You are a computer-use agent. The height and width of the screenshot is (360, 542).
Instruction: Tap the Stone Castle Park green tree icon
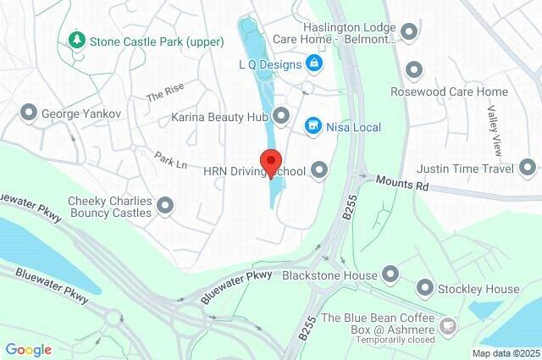point(77,40)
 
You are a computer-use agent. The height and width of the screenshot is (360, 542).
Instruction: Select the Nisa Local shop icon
point(314,126)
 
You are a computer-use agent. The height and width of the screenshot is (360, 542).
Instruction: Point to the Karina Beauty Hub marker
point(280,115)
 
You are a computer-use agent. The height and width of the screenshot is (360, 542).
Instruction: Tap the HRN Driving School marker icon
point(319,171)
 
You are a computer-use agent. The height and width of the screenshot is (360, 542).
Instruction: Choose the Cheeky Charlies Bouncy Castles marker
point(166,205)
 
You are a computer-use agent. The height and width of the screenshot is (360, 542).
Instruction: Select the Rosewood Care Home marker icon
point(414,70)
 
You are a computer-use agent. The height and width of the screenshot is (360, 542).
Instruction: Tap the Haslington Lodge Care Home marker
point(410,32)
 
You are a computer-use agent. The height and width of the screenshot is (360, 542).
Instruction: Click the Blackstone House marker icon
point(390,274)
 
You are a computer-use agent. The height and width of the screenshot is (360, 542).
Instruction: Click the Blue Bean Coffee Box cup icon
point(448,324)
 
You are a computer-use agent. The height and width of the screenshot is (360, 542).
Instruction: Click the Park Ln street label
point(170,158)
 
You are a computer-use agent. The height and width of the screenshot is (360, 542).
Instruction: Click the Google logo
point(28,349)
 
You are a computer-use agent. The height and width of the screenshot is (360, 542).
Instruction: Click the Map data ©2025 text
point(506,353)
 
